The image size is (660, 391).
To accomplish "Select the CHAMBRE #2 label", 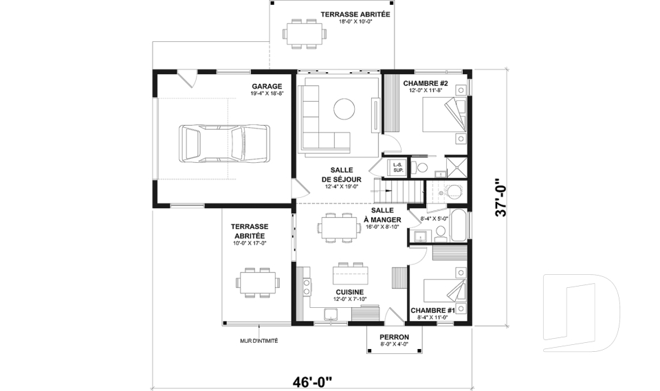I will pyautogui.click(x=426, y=83).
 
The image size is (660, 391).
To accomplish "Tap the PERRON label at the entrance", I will pyautogui.click(x=395, y=337).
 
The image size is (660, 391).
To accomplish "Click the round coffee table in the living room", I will pyautogui.click(x=344, y=108).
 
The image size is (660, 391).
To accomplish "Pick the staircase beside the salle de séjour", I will pyautogui.click(x=399, y=188).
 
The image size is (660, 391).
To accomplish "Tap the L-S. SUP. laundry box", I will pyautogui.click(x=397, y=166).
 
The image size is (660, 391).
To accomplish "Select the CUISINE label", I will pyautogui.click(x=350, y=291).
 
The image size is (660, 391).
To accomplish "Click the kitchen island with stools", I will pyautogui.click(x=350, y=274).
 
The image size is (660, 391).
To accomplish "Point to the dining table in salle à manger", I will pyautogui.click(x=340, y=227).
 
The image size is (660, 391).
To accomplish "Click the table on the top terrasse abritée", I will pyautogui.click(x=303, y=33).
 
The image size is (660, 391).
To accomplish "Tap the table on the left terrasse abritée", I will pyautogui.click(x=257, y=281).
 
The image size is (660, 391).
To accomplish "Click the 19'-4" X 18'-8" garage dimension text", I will pyautogui.click(x=267, y=93).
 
